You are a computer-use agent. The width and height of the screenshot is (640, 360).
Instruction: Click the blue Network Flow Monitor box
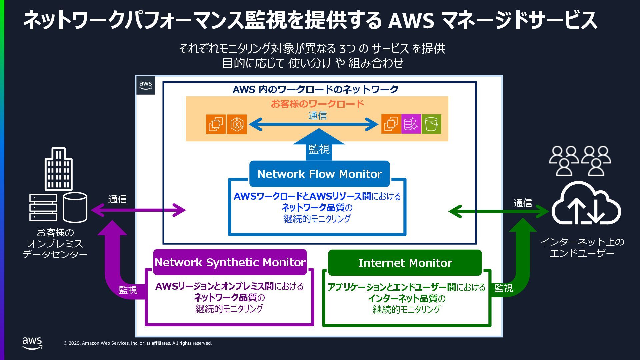(x=319, y=174)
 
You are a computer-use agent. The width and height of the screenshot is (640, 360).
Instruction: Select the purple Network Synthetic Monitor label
(x=230, y=262)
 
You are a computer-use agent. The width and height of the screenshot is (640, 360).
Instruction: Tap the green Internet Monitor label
(x=405, y=263)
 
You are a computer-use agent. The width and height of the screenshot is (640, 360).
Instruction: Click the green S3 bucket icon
(x=431, y=124)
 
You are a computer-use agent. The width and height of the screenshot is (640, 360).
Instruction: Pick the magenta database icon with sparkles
(x=411, y=124)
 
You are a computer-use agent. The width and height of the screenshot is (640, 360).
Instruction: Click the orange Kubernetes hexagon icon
(x=237, y=124)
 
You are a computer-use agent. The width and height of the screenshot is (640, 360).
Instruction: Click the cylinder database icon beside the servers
(x=75, y=207)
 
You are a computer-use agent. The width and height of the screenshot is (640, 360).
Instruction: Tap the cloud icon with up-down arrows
(x=586, y=204)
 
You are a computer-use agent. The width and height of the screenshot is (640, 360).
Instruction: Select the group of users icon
(x=580, y=161)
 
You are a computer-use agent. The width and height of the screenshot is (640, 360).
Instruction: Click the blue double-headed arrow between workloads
(x=313, y=125)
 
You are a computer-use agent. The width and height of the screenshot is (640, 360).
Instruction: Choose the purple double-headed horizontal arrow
(x=138, y=210)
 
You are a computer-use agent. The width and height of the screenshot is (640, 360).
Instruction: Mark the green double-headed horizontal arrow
(x=499, y=211)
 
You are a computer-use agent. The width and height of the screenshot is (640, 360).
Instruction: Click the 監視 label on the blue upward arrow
(x=319, y=149)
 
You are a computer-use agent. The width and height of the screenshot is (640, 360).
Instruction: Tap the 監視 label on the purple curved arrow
(x=128, y=290)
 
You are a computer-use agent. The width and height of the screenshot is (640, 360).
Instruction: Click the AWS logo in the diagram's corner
(x=146, y=85)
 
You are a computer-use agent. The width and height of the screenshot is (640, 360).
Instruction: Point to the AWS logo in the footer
(x=32, y=343)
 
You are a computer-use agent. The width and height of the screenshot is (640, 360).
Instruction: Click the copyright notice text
(x=138, y=343)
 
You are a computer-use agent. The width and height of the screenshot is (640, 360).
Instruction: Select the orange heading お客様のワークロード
(x=317, y=104)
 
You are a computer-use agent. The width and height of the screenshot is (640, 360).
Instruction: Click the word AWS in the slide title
(x=411, y=21)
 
